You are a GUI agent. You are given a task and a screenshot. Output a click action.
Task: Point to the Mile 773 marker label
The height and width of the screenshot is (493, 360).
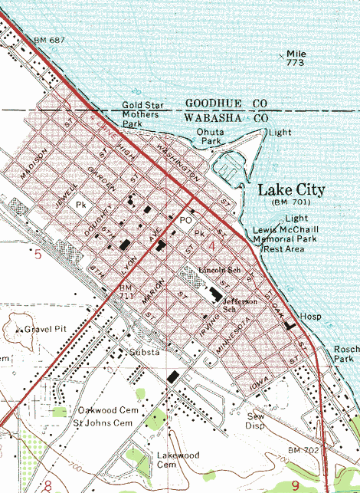pos(296,58)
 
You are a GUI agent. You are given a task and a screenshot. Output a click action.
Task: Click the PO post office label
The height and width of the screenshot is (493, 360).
pos(184,220)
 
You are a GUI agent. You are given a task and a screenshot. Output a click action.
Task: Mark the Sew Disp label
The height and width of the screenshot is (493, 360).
pos(255,419)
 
